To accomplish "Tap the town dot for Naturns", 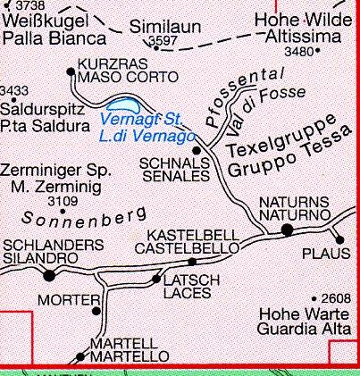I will click(287, 230).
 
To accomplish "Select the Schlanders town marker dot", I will click(48, 276).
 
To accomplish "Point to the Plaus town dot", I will click(339, 238).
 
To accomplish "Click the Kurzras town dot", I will click(71, 71).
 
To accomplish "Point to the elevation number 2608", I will click(336, 298).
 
